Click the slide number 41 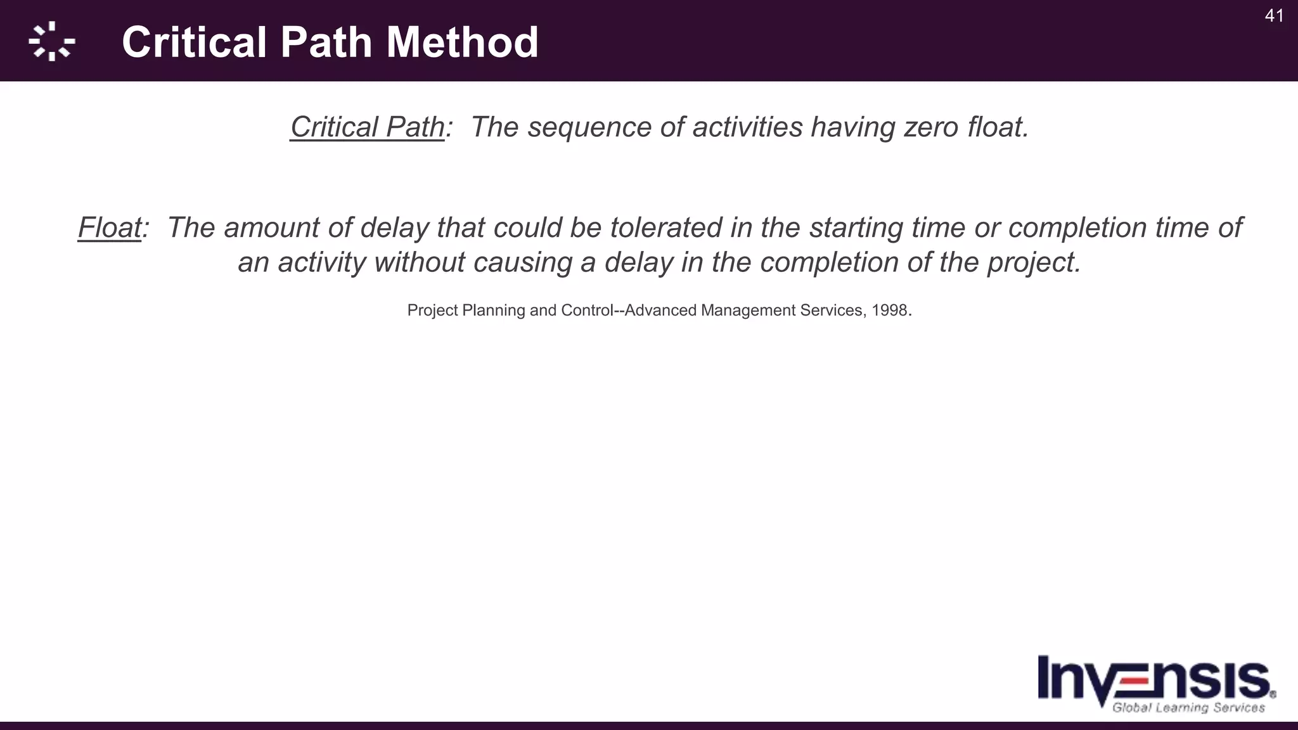[x=1274, y=16]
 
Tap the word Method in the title [x=462, y=42]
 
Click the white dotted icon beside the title [x=51, y=42]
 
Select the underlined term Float [x=109, y=227]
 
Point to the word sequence [x=589, y=127]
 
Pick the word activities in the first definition [x=747, y=127]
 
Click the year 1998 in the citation [x=889, y=311]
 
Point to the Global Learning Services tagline [x=1188, y=708]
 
